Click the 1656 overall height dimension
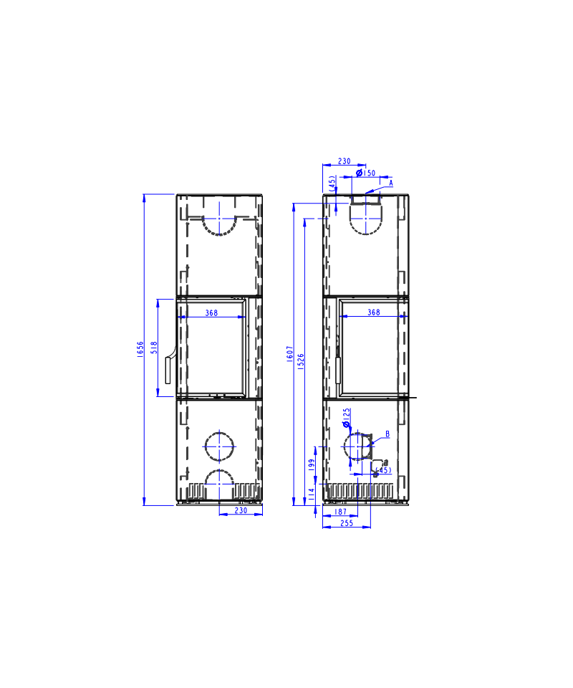[x=140, y=349]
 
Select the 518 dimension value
[x=154, y=348]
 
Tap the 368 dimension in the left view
[x=211, y=313]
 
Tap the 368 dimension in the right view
[x=373, y=312]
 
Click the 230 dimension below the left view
[x=241, y=510]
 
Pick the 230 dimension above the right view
[x=344, y=161]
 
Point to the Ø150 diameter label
[x=365, y=173]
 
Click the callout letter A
[x=391, y=183]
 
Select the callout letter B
[x=387, y=434]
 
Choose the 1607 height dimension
[x=290, y=353]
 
